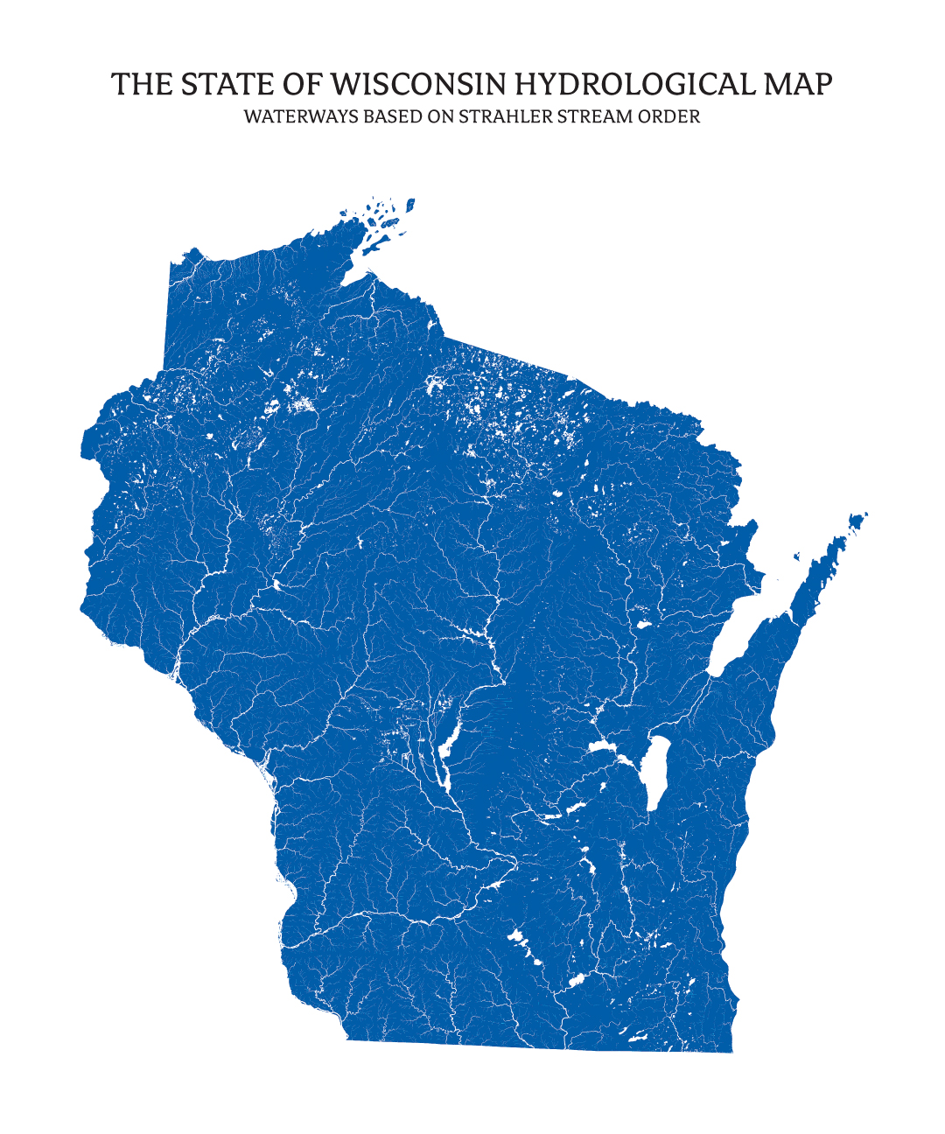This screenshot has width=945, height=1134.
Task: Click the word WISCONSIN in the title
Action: pos(420,85)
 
